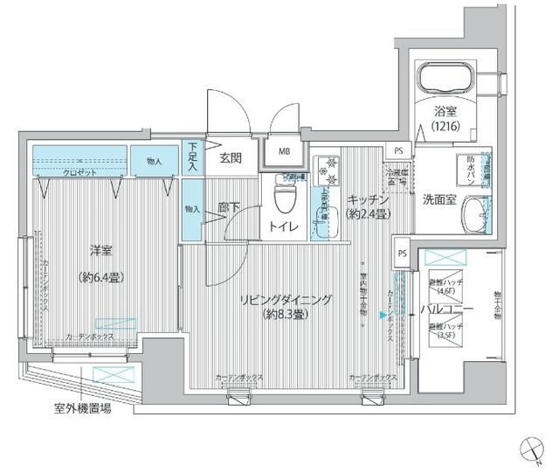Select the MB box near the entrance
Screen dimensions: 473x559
(x=285, y=151)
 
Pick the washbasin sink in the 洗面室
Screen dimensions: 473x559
(x=476, y=214)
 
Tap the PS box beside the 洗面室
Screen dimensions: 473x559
(x=399, y=151)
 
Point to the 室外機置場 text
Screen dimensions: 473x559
(x=80, y=408)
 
